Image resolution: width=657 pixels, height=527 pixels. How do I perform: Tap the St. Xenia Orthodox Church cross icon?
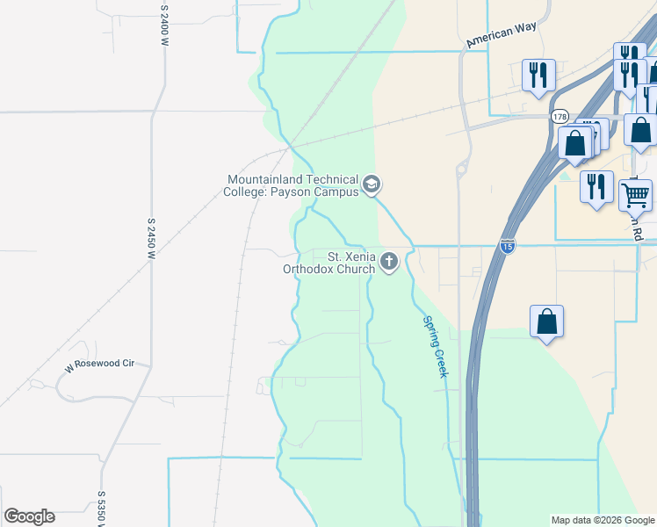[389, 262]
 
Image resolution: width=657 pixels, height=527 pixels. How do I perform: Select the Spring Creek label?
[435, 346]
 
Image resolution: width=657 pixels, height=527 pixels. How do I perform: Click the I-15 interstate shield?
[507, 247]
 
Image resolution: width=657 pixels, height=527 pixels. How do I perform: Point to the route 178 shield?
[560, 116]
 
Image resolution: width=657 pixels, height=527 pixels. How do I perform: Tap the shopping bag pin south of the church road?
[546, 321]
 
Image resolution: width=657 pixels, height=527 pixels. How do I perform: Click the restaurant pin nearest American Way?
[538, 75]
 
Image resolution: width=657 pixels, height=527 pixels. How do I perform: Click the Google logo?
[29, 516]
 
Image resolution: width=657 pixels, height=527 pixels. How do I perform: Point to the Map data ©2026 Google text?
[602, 520]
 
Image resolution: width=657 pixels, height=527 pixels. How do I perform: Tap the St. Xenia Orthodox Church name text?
[328, 263]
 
